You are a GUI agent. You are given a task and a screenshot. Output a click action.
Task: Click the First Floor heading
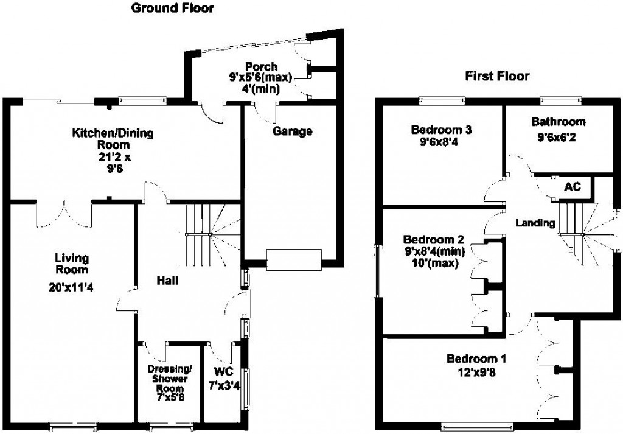(x=497, y=76)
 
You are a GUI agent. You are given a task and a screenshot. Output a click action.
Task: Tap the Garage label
(x=292, y=131)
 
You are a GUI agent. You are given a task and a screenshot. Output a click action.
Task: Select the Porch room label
(x=262, y=66)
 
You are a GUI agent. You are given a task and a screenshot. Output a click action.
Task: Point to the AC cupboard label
(x=573, y=186)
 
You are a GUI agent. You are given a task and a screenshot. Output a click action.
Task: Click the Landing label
(x=535, y=223)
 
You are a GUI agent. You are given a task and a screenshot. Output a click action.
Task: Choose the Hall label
(x=167, y=281)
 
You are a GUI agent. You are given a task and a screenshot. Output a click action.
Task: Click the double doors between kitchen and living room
(x=64, y=211)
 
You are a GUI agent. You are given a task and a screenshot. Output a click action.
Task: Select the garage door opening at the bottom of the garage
(x=293, y=259)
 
